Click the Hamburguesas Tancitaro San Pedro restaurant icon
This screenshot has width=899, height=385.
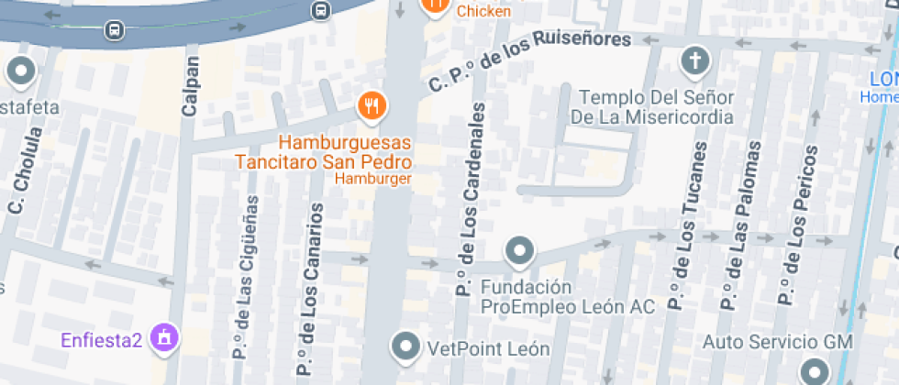tap(372, 106)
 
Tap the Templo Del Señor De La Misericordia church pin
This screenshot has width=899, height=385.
tap(695, 61)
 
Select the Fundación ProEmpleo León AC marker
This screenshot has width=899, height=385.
tap(520, 250)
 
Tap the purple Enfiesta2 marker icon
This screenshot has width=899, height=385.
tap(164, 337)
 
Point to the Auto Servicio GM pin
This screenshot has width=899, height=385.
tap(814, 371)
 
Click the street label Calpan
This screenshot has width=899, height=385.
tap(190, 87)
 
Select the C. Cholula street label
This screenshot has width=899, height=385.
tap(25, 170)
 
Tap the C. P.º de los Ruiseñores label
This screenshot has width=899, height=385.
tap(530, 60)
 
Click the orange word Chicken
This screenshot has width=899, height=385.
tap(483, 11)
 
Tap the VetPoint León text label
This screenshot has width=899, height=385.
tap(488, 349)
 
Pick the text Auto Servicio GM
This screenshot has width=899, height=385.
tap(778, 342)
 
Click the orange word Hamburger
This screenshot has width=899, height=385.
tap(372, 179)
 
